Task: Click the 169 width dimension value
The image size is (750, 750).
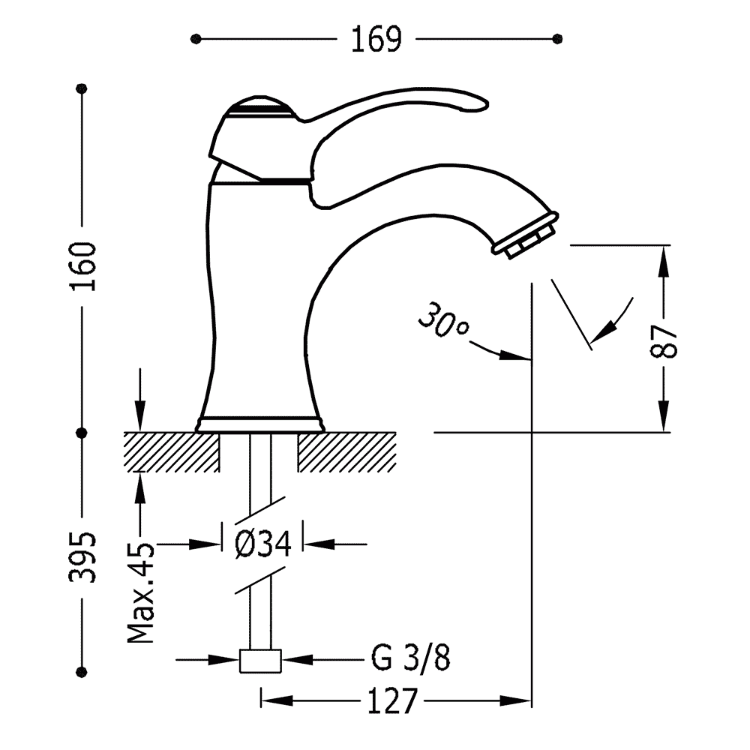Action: click(x=376, y=39)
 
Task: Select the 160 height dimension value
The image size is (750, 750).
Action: click(x=82, y=266)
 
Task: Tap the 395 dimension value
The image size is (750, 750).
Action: click(x=82, y=557)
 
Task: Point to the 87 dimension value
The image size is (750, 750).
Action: click(x=664, y=341)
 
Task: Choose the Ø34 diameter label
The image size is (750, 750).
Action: click(x=263, y=544)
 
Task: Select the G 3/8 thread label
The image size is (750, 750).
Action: click(x=410, y=658)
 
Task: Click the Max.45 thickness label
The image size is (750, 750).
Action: click(x=141, y=593)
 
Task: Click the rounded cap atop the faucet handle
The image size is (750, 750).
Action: click(x=258, y=107)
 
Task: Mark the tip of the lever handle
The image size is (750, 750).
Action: click(x=487, y=103)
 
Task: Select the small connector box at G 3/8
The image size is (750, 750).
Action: click(x=260, y=661)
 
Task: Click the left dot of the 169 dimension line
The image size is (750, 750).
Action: click(x=195, y=39)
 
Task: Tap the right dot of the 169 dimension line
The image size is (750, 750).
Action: click(x=557, y=39)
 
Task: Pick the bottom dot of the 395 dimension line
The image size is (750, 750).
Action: click(x=82, y=671)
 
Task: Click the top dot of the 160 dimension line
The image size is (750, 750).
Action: click(x=82, y=88)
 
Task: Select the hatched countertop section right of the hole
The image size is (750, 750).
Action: click(x=347, y=452)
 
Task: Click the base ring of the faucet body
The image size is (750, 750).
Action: click(x=259, y=424)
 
